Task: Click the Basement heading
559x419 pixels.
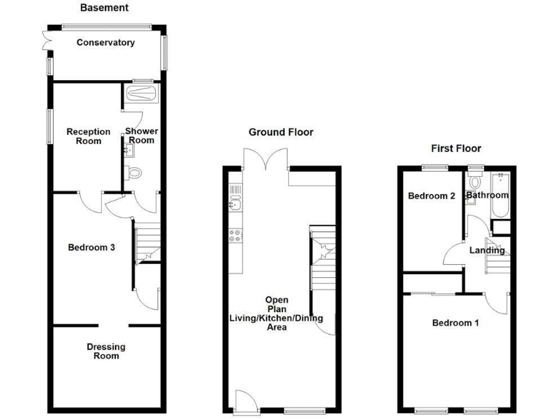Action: (104, 8)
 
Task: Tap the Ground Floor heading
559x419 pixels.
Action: (281, 132)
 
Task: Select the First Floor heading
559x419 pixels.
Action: (456, 148)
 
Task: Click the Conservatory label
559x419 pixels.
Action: (106, 43)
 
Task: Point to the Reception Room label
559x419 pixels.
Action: (89, 136)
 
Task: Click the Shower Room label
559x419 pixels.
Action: (141, 136)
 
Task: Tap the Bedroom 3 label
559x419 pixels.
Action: (92, 247)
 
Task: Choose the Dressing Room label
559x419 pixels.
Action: (102, 351)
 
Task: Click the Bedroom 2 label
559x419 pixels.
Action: (432, 196)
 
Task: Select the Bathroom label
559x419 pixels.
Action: (487, 196)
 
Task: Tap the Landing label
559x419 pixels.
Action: (487, 251)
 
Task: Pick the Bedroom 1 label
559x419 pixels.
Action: (455, 323)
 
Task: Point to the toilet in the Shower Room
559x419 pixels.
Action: (132, 173)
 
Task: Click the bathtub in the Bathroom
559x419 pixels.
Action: (501, 194)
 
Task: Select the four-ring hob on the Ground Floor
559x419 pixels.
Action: (235, 236)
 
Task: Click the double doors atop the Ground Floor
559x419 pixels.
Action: (264, 157)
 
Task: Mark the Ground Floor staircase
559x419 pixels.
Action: (320, 263)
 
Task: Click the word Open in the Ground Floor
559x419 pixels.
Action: (277, 300)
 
